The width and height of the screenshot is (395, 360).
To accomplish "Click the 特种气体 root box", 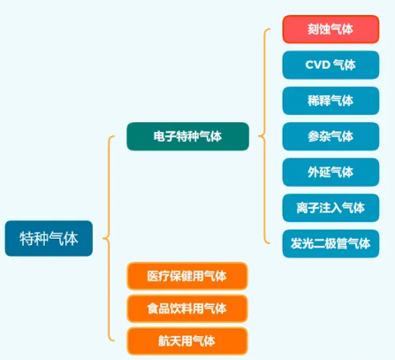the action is (49, 238).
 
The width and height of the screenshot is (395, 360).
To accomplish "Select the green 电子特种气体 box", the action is (188, 136).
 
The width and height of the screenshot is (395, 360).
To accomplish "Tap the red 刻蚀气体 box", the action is (330, 29).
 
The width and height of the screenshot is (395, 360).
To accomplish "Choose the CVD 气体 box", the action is (330, 65).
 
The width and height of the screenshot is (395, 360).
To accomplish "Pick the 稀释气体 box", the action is (330, 101).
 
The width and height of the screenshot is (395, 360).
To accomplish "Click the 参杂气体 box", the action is (330, 136).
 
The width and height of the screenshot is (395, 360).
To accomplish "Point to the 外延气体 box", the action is (330, 172).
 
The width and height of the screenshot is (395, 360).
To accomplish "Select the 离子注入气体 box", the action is (330, 208).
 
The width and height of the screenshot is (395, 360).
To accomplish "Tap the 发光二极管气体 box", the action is (330, 243).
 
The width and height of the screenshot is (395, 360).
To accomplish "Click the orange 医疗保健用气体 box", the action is (187, 276).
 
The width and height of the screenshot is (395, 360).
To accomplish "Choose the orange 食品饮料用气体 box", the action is (187, 309).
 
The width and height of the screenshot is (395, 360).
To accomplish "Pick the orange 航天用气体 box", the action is (187, 341).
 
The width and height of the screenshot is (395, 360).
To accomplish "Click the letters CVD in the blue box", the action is (318, 65).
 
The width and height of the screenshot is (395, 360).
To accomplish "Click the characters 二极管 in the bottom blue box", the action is (330, 243).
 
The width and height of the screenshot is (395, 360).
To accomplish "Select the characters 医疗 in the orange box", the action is (158, 276).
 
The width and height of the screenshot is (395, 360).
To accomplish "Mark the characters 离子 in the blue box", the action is (308, 208).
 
